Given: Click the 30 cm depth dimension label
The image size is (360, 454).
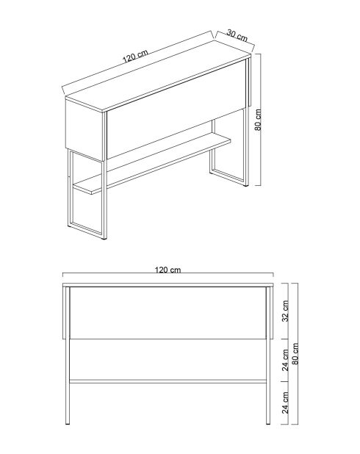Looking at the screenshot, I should [x=236, y=34].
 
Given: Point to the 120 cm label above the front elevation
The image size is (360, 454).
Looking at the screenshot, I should [x=168, y=270].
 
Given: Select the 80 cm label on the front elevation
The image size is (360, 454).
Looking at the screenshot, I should [x=297, y=355].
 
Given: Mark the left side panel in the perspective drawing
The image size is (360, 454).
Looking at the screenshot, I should [x=84, y=128].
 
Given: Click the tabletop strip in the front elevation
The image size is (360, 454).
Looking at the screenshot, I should [x=169, y=284].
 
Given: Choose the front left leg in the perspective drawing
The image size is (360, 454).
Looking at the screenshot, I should [x=71, y=191].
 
